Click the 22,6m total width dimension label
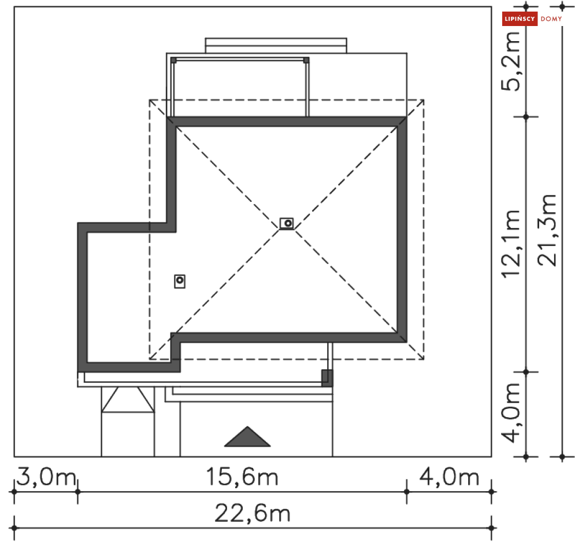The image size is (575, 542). coord(253,514)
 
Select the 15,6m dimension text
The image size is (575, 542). coord(242,477)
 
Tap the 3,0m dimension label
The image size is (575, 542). coord(46,477)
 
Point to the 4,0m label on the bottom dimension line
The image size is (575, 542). coord(449,477)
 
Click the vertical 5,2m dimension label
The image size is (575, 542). coord(511,61)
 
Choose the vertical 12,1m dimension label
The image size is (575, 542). coord(511,244)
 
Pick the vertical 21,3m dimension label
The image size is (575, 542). coord(547,230)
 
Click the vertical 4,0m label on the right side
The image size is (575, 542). coord(511,413)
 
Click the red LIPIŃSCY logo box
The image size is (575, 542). coord(520,19)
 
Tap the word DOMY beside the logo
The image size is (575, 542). coord(551,19)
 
